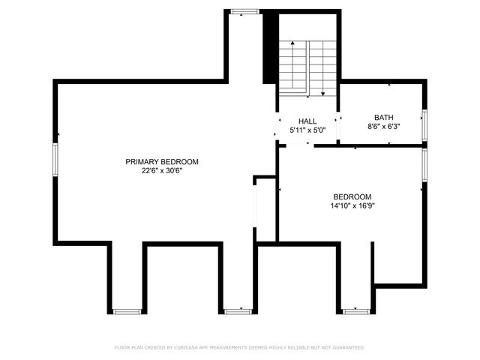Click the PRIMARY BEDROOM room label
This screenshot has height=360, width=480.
point(162,161)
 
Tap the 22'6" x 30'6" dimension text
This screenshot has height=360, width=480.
point(162,171)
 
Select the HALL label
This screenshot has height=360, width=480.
point(307,121)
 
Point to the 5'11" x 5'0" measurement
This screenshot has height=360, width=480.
point(307,130)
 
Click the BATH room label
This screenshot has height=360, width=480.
point(383,118)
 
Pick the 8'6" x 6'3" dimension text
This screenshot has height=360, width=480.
point(383,127)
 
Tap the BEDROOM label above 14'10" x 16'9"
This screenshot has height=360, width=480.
point(352,196)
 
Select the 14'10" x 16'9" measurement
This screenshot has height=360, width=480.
point(352,206)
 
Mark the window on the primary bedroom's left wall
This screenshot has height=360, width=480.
point(55,160)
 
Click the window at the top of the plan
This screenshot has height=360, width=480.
point(244,11)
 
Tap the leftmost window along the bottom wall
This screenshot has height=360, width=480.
point(127,310)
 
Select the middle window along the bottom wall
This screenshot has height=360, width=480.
point(238,310)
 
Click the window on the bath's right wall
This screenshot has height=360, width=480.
point(424,124)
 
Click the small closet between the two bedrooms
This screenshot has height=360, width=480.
point(266,209)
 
